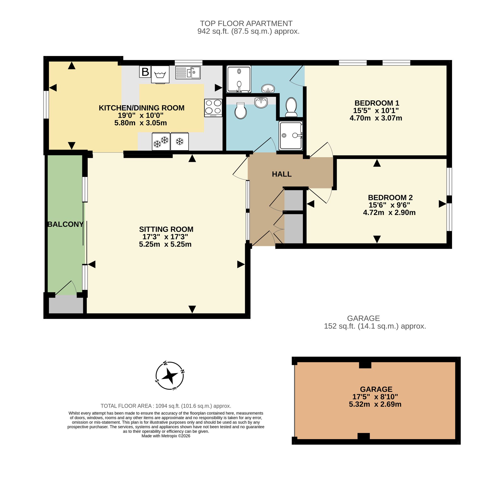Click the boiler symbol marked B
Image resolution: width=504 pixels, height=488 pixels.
[x=145, y=72]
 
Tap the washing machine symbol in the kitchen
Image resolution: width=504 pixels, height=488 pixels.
[x=160, y=75]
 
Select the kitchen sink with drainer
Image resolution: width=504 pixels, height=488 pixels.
[x=188, y=73]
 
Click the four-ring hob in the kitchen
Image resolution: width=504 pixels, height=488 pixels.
[x=213, y=108]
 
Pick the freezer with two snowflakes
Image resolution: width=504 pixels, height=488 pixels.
[x=161, y=141]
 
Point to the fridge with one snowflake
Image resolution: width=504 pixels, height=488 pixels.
[x=179, y=141]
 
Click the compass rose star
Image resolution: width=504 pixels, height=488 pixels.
[x=170, y=376]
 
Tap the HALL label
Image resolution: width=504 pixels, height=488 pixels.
[x=282, y=174]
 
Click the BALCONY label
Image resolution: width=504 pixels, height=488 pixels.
[x=66, y=224]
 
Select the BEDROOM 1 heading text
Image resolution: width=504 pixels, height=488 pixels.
[x=377, y=103]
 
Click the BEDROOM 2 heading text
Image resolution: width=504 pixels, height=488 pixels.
[x=390, y=198]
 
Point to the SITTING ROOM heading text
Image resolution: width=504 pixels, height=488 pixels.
[x=166, y=229]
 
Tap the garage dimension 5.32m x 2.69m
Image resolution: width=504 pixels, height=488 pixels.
[x=375, y=404]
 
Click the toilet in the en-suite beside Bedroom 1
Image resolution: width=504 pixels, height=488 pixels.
[x=291, y=107]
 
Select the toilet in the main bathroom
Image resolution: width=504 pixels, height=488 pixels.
[x=241, y=111]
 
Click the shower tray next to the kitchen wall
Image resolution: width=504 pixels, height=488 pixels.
[x=239, y=79]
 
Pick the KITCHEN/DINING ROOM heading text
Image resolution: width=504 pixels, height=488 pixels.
[x=142, y=108]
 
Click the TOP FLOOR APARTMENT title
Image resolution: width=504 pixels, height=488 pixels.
[x=246, y=23]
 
